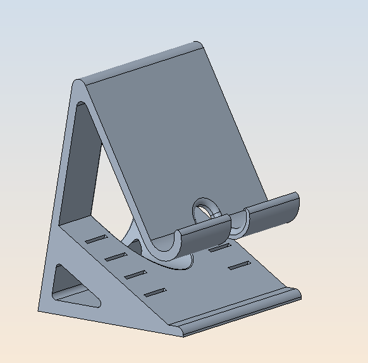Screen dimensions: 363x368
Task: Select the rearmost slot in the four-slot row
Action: (97, 239)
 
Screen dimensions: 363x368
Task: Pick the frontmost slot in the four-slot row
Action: (155, 292)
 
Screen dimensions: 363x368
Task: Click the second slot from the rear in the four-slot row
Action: (116, 256)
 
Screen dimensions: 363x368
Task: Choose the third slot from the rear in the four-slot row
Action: (135, 274)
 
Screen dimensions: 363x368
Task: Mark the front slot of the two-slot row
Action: (238, 265)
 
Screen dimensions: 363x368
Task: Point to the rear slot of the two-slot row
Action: (218, 248)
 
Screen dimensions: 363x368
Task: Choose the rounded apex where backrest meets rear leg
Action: (78, 85)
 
